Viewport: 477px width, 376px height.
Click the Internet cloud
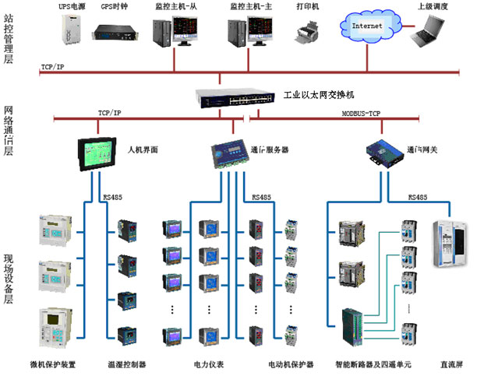tap(369, 26)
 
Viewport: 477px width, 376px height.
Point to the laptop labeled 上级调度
tap(435, 30)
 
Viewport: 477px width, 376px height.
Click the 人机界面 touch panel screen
tap(99, 151)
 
